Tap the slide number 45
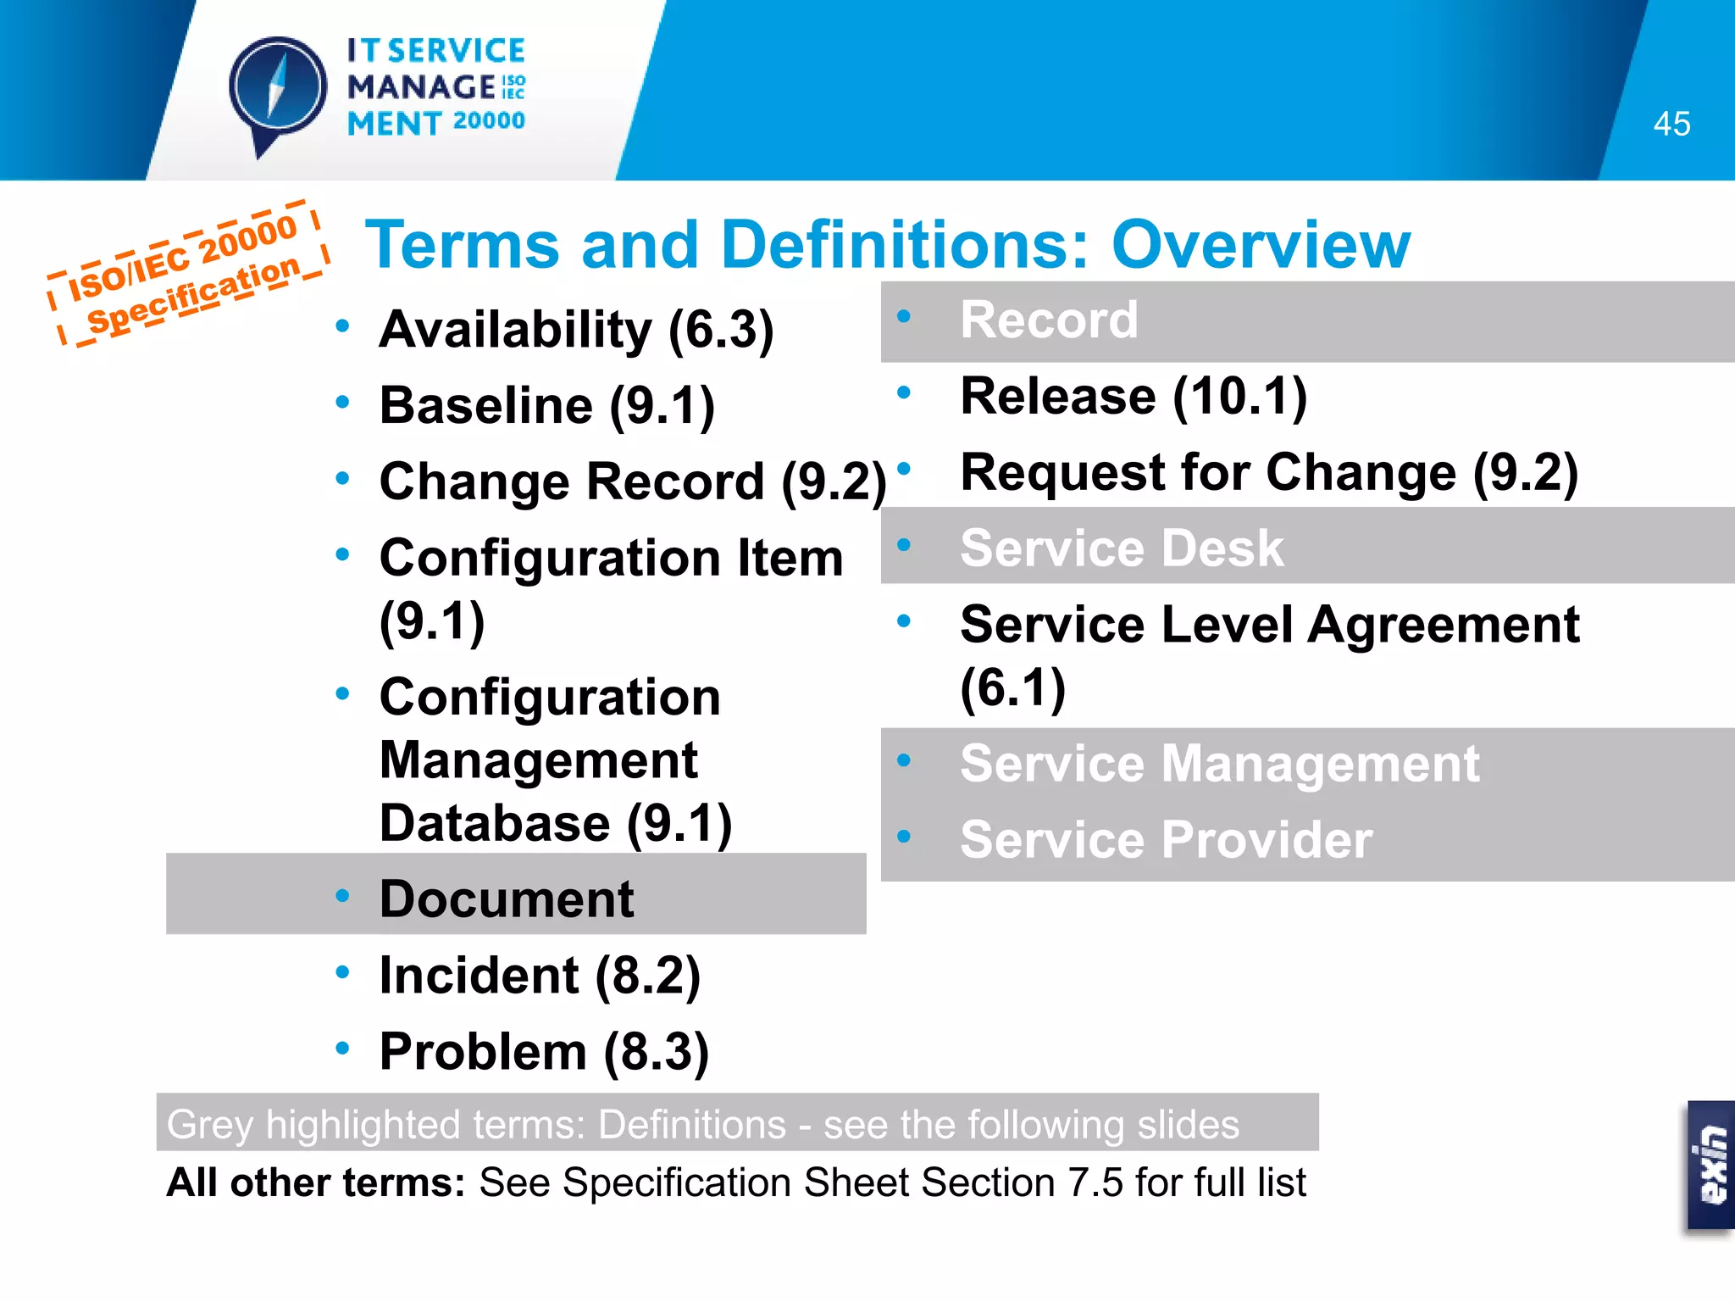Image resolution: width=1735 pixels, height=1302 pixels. (1671, 125)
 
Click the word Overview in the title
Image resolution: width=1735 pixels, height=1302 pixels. (1261, 245)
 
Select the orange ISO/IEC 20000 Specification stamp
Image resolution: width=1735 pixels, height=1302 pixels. (188, 274)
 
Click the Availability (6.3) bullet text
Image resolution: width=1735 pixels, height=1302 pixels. (576, 329)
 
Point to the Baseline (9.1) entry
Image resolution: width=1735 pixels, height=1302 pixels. (547, 405)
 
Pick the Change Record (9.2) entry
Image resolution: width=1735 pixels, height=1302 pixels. (632, 481)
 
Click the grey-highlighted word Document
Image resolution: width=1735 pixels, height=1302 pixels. (507, 899)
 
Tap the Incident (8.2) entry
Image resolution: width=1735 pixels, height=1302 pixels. (540, 975)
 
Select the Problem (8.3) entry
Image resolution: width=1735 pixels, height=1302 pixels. (544, 1051)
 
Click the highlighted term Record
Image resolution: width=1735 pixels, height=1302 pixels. (1049, 320)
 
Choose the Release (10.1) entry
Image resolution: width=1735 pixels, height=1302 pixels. (1134, 396)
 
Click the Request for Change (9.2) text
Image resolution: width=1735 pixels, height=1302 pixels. (1269, 472)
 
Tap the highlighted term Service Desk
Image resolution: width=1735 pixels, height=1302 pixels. (1122, 548)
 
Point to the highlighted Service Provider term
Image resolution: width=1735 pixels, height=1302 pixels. (1166, 839)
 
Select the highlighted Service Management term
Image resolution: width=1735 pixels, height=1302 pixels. (1220, 764)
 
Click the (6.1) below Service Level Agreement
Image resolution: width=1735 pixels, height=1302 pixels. (1012, 687)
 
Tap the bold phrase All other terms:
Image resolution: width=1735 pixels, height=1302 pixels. (316, 1182)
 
